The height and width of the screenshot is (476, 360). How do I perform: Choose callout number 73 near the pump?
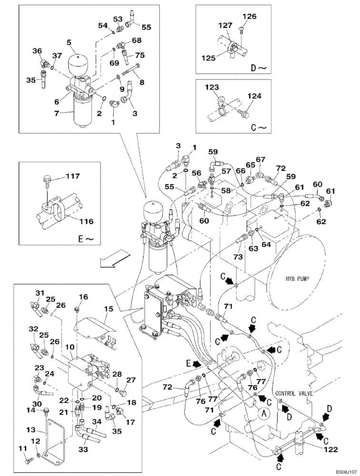[x=238, y=257]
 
